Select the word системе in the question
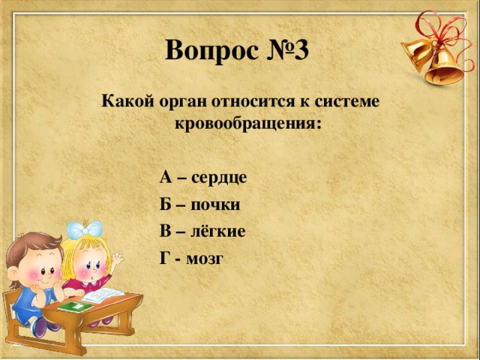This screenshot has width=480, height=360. pyautogui.click(x=351, y=99)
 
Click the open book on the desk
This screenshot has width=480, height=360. pyautogui.click(x=101, y=295)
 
